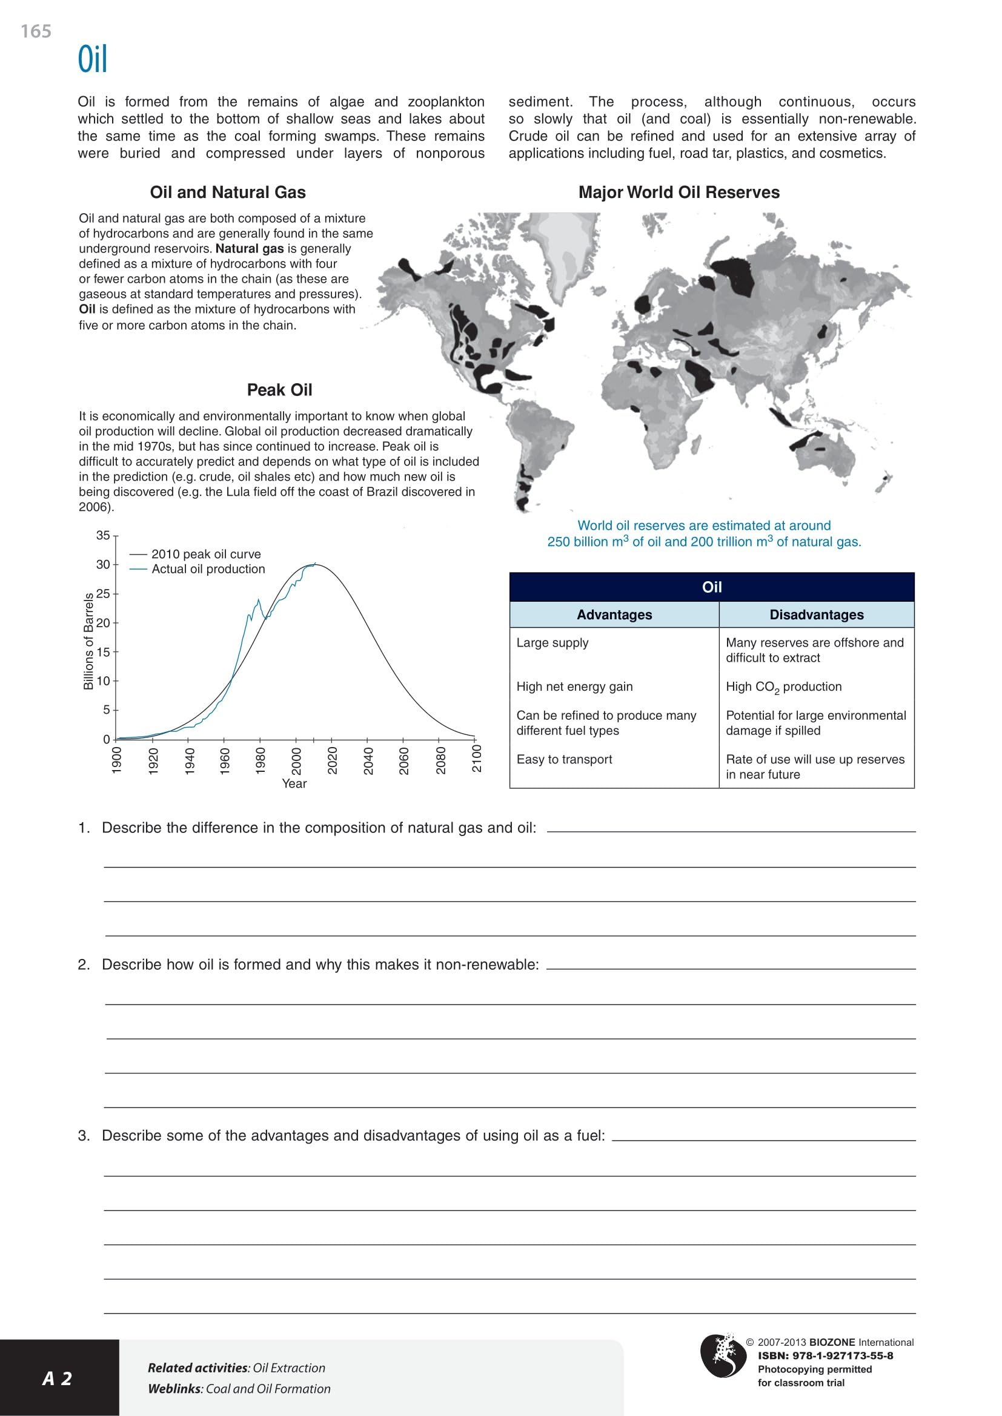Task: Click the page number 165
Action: point(36,31)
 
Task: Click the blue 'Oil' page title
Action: point(93,60)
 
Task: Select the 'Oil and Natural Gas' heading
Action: point(228,193)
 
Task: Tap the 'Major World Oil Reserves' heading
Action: point(679,193)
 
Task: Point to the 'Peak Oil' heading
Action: point(279,390)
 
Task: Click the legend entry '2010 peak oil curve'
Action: point(206,554)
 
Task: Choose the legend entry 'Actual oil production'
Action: point(208,568)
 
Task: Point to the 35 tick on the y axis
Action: point(103,535)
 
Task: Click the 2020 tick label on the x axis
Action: point(332,760)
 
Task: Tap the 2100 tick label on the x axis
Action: point(476,759)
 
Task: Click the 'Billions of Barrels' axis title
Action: point(88,640)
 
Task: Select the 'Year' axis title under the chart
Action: point(294,783)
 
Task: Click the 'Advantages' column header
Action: point(614,615)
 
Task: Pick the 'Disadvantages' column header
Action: point(816,615)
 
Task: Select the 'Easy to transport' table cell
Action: point(564,759)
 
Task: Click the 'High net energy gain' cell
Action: point(574,687)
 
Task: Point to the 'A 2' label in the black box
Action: point(58,1378)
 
